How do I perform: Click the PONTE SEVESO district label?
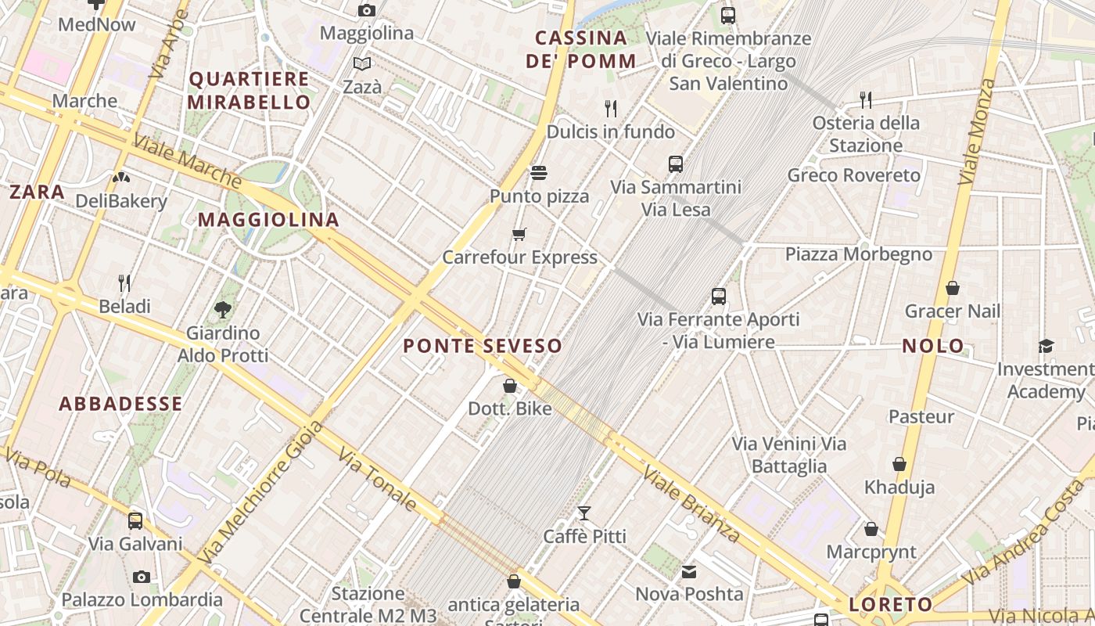tap(483, 346)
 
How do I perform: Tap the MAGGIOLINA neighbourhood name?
tap(268, 220)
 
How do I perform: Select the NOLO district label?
tap(933, 346)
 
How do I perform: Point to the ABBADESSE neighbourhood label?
tap(121, 404)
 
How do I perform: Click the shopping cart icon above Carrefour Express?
tap(519, 235)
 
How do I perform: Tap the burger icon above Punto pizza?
tap(539, 172)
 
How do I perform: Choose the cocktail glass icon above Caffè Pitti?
tap(584, 513)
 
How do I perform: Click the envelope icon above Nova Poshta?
tap(689, 572)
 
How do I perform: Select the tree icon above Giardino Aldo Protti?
tap(223, 310)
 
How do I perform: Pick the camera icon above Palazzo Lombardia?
tap(142, 577)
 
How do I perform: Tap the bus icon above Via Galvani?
tap(135, 521)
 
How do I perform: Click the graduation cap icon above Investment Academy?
tap(1046, 346)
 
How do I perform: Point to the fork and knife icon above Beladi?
tap(124, 282)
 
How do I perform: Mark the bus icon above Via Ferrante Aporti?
tap(719, 297)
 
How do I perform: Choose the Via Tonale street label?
tap(377, 479)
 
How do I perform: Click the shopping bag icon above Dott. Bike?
tap(510, 386)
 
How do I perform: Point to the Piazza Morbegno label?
tap(859, 254)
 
